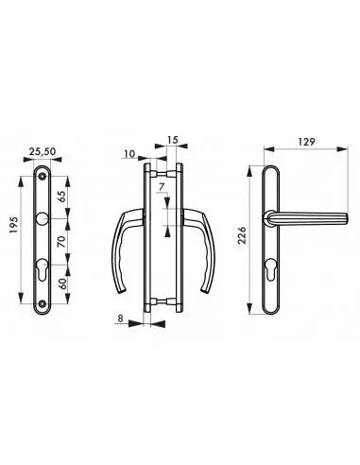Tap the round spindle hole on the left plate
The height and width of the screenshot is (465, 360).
(43, 220)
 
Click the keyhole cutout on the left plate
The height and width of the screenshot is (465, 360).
(43, 268)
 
